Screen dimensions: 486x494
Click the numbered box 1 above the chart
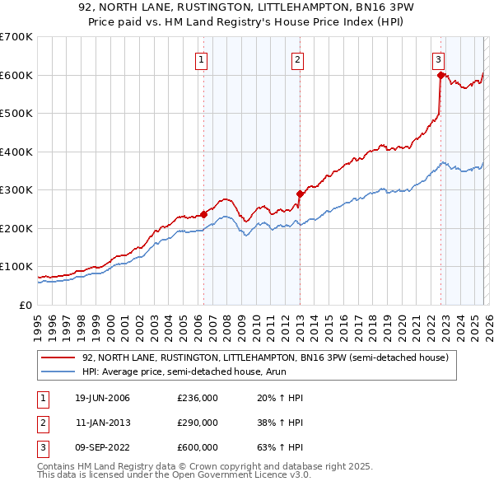click(202, 58)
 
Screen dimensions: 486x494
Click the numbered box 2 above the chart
click(297, 58)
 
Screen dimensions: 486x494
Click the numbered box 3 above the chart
click(439, 58)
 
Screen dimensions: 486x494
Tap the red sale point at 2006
click(203, 215)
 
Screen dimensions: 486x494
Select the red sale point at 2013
click(300, 194)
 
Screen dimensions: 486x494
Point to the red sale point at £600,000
click(440, 75)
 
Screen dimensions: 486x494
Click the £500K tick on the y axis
click(16, 114)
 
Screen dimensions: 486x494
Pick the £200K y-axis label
click(16, 228)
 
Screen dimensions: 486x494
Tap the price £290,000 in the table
click(197, 423)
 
